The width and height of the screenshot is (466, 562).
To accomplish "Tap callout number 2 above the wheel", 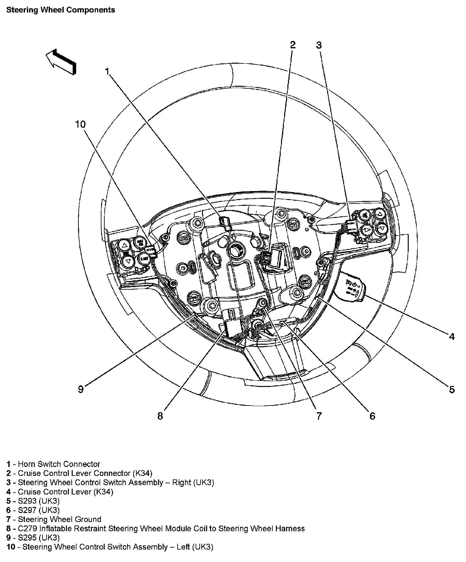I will (293, 45).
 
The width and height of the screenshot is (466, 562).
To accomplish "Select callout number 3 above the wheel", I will (318, 45).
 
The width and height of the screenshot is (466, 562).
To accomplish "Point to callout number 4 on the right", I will (452, 336).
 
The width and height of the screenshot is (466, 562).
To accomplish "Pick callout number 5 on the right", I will (452, 389).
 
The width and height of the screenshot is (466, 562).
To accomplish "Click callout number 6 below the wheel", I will (372, 416).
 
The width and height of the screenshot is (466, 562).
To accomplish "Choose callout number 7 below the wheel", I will (319, 416).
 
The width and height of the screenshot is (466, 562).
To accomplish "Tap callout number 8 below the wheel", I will (160, 416).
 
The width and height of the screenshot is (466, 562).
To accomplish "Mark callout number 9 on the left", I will (81, 389).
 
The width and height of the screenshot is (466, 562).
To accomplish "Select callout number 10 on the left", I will (81, 124).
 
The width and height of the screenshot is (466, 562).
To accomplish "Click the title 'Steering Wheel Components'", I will (60, 10).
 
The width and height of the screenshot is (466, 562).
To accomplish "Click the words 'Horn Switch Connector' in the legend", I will (59, 464).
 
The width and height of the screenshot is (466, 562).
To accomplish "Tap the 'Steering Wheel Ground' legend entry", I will (59, 519).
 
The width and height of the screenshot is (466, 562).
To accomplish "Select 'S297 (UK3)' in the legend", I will (39, 510).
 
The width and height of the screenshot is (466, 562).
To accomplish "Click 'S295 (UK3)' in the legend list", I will (39, 538).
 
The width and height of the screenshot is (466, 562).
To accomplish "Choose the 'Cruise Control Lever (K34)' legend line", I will (65, 492).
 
